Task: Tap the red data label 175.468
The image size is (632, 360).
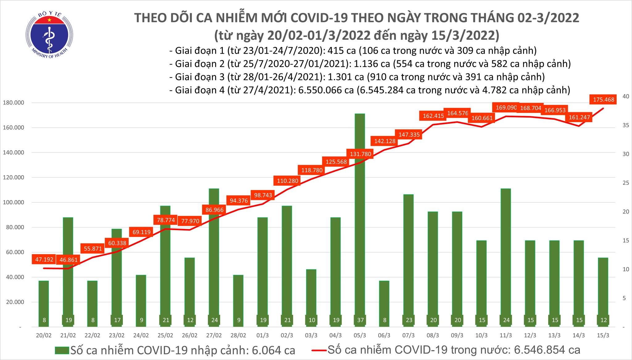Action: pyautogui.click(x=603, y=100)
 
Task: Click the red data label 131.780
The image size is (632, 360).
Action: pyautogui.click(x=360, y=154)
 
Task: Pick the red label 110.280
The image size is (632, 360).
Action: pyautogui.click(x=287, y=180)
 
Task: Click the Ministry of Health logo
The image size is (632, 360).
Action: pyautogui.click(x=49, y=34)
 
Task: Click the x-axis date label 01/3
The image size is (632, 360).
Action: pyautogui.click(x=263, y=335)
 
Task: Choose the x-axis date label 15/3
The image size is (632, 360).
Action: pyautogui.click(x=603, y=335)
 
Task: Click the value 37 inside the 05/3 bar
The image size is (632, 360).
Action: pyautogui.click(x=360, y=320)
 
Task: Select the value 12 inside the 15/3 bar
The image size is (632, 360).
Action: pyautogui.click(x=603, y=320)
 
